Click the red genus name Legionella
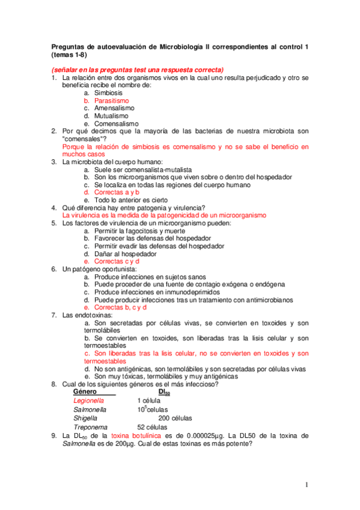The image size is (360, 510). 88,400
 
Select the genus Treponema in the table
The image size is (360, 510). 89,427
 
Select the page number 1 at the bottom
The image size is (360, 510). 306,485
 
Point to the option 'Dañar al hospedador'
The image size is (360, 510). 123,254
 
